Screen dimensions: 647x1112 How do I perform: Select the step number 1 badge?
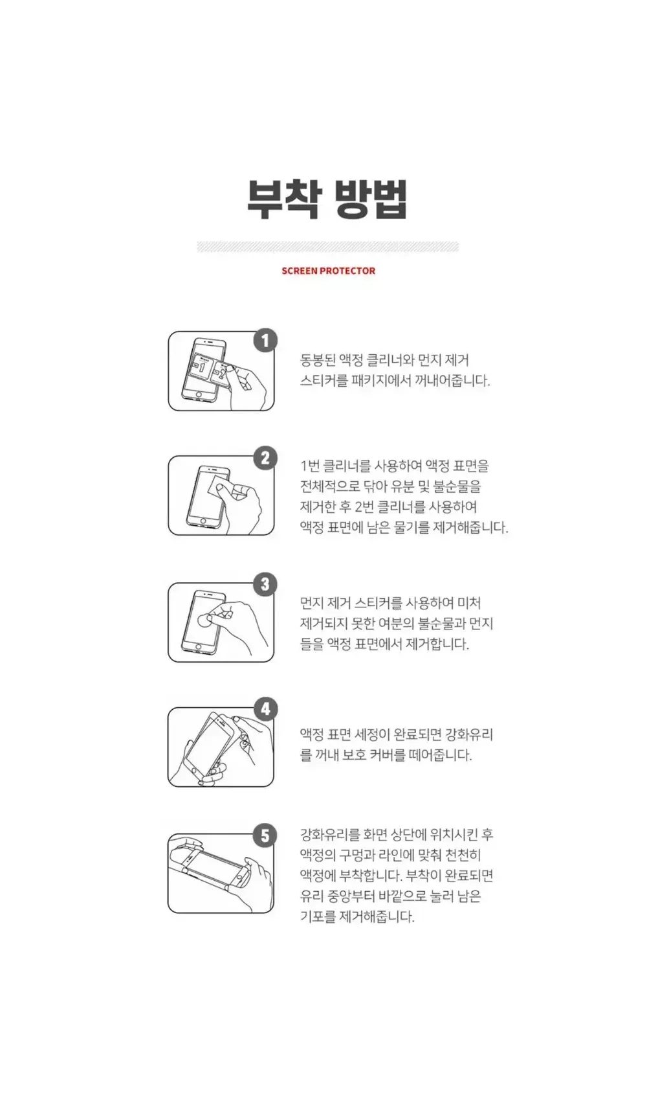point(265,340)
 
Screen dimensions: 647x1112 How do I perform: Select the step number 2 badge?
point(265,459)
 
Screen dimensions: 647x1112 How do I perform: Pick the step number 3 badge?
point(265,584)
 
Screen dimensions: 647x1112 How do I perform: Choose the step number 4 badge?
point(265,709)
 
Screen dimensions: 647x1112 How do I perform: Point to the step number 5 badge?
point(265,835)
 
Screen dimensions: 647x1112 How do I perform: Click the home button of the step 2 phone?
point(203,520)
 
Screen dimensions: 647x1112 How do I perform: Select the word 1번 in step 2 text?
point(309,466)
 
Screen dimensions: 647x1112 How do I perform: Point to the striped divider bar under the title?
point(328,247)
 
